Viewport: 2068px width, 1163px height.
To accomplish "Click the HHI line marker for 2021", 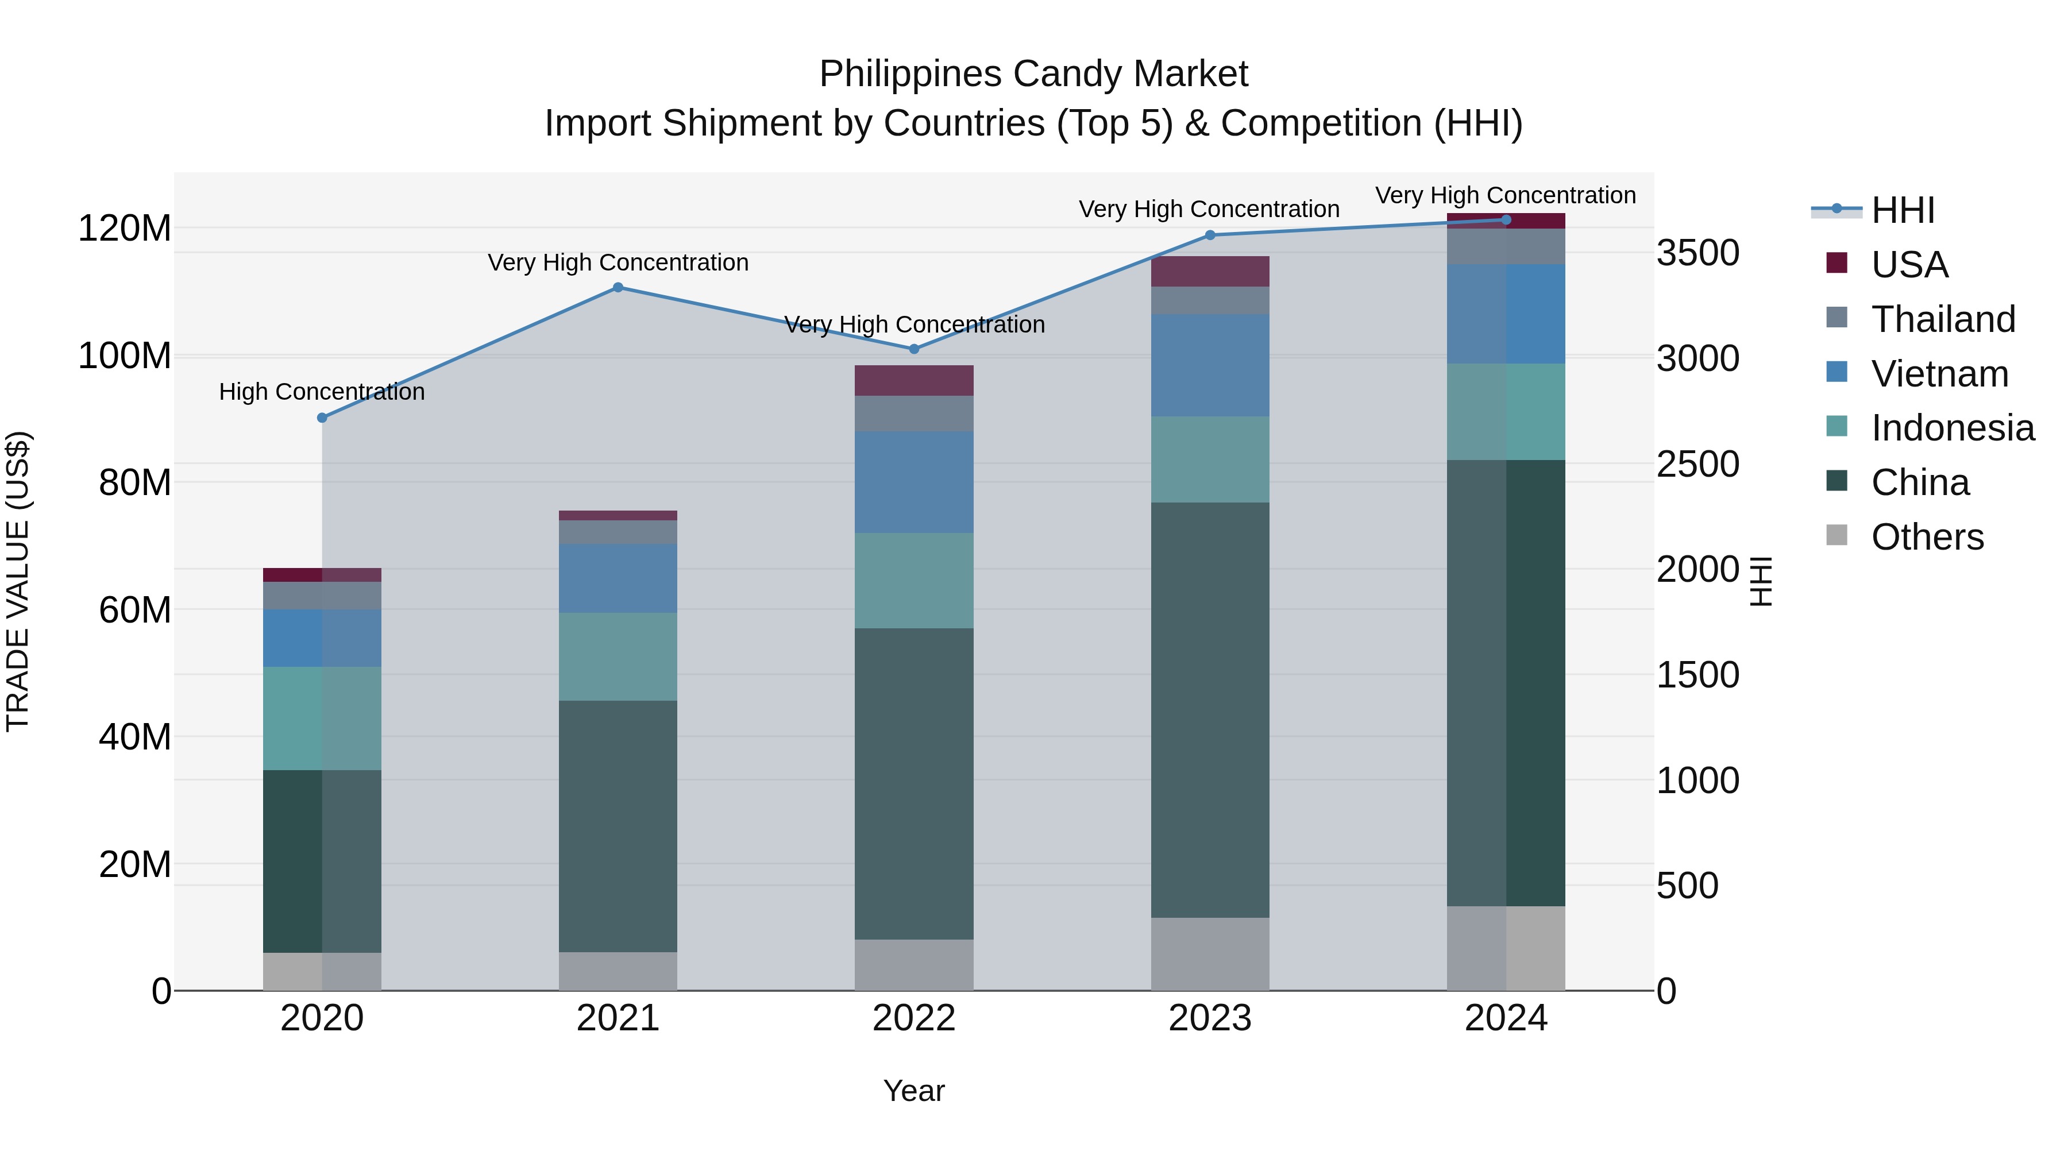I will (618, 287).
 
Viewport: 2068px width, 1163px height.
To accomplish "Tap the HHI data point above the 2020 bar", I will (322, 418).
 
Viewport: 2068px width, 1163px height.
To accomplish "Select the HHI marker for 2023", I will (1210, 235).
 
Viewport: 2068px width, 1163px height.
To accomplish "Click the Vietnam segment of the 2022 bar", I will (913, 482).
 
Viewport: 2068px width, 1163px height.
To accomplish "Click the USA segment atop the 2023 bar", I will (1210, 271).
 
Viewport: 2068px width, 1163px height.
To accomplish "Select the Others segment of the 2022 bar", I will (913, 965).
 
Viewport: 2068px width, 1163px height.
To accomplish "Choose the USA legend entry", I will (1908, 264).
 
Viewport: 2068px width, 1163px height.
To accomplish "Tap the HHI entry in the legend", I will (1902, 210).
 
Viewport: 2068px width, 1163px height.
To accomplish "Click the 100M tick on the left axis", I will (125, 356).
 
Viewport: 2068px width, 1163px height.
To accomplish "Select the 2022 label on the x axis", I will (913, 1018).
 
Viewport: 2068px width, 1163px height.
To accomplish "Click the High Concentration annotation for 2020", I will (322, 392).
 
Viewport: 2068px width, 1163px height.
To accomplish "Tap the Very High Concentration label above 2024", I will (1505, 195).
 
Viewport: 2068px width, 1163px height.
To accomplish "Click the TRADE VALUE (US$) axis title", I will (18, 581).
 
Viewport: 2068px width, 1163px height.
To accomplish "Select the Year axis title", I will (913, 1091).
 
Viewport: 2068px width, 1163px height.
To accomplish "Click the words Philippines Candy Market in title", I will (1033, 74).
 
